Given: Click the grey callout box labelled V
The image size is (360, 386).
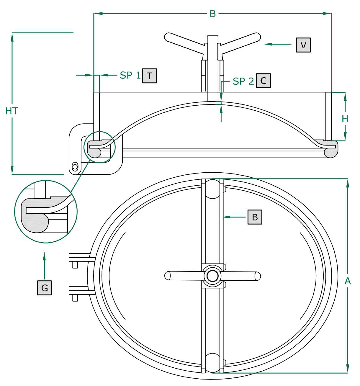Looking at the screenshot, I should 303,45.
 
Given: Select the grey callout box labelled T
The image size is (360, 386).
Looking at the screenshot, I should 150,76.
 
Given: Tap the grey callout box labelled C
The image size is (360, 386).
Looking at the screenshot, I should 263,81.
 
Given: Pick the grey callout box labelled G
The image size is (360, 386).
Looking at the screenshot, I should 45,288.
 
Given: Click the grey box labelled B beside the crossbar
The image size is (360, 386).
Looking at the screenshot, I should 255,217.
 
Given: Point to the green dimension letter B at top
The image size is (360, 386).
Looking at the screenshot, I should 212,14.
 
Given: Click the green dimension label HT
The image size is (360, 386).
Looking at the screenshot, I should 12,111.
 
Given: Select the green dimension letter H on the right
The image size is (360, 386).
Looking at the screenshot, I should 345,119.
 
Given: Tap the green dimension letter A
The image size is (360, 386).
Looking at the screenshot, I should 348,281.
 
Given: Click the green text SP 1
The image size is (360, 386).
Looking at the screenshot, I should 130,76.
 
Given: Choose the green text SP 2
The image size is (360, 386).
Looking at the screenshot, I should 243,81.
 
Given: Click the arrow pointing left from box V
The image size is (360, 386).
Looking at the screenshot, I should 277,44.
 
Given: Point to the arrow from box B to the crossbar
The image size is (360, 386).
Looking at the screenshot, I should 235,217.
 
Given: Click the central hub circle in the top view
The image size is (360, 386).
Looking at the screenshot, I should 212,276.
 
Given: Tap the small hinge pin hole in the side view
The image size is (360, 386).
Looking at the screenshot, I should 75,167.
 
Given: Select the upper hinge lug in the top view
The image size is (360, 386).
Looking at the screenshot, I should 81,258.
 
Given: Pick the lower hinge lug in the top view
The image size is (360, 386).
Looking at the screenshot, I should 81,291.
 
